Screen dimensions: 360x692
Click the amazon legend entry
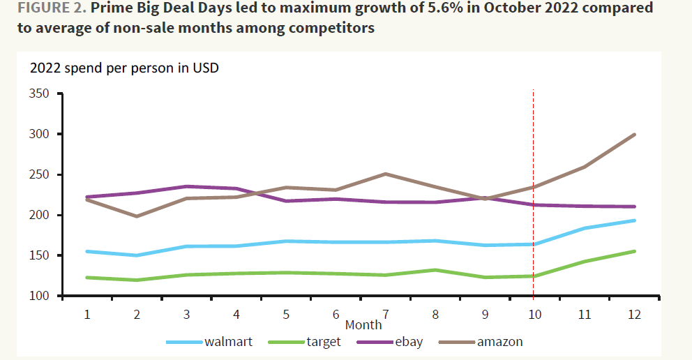coord(498,342)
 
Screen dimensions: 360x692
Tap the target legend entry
coord(323,342)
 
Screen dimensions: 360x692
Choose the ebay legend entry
coord(407,342)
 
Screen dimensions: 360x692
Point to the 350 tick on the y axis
coord(40,93)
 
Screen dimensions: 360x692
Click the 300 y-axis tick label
coord(40,134)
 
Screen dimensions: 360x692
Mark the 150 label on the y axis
coord(40,256)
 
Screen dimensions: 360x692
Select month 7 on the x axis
coord(385,315)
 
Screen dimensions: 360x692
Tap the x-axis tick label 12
coord(633,315)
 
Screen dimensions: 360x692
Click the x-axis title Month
coord(363,325)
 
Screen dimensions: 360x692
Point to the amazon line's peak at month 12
coord(633,135)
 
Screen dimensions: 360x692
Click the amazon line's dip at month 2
coord(137,216)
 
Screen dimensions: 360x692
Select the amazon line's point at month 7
coord(385,174)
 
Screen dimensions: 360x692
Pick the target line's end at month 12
coord(633,251)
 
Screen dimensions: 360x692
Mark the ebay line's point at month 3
coord(186,186)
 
